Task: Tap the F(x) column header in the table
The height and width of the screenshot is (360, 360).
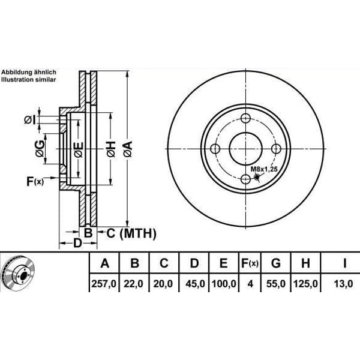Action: [250, 263]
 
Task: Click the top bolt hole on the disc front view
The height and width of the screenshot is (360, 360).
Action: [246, 119]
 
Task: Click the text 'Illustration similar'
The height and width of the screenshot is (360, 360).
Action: [28, 79]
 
